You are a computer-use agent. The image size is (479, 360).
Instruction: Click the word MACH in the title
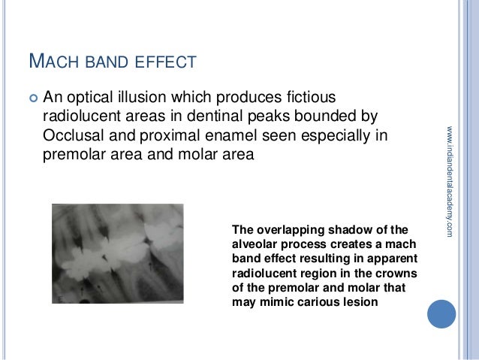[51, 59]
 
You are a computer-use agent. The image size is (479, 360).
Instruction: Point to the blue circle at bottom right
[441, 313]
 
